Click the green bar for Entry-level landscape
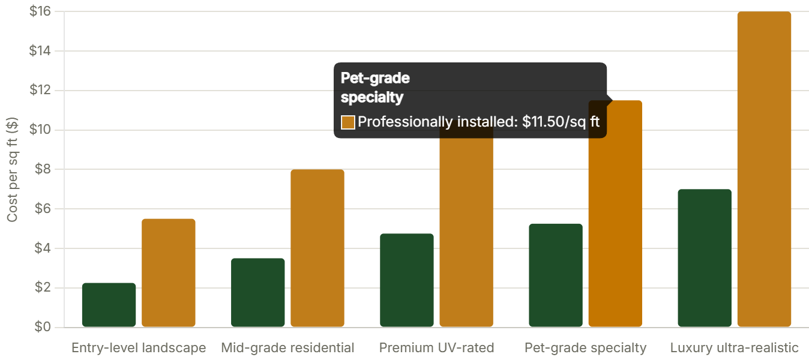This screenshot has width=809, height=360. tap(109, 305)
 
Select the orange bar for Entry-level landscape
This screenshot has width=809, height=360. tap(168, 273)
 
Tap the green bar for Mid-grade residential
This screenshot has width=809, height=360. tap(257, 293)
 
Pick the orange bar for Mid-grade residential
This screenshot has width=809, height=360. tap(317, 248)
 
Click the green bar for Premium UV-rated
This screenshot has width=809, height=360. tap(406, 280)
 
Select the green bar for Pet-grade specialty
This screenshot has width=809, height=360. tap(555, 275)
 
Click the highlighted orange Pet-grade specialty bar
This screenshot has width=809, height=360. tap(615, 228)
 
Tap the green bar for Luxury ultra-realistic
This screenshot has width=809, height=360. tap(704, 258)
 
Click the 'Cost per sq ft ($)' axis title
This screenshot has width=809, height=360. tap(12, 170)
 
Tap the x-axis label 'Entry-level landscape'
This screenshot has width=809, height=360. tap(139, 348)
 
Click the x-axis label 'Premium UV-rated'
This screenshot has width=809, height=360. tap(436, 348)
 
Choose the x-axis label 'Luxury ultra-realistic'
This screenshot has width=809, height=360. tap(734, 348)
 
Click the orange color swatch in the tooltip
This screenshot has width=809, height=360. tap(348, 122)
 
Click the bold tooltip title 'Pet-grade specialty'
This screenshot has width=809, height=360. tap(374, 88)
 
